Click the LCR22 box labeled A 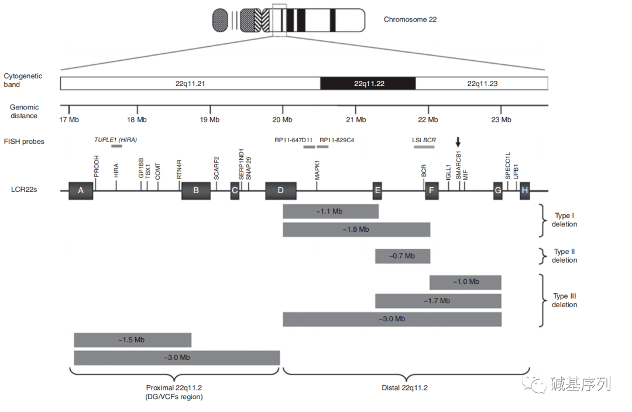click(x=81, y=191)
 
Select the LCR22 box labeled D click(x=280, y=191)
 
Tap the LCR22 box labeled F click(x=432, y=191)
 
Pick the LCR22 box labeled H click(x=525, y=191)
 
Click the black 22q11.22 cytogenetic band click(x=367, y=84)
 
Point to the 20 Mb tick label click(x=282, y=120)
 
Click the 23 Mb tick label click(x=500, y=120)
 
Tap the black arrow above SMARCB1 click(x=459, y=142)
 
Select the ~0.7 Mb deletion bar click(x=403, y=256)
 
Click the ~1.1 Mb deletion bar click(x=331, y=211)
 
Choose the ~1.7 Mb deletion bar click(x=438, y=301)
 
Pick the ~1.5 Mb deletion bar click(x=132, y=340)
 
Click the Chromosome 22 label click(x=410, y=19)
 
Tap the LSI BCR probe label click(x=424, y=140)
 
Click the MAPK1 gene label click(x=317, y=170)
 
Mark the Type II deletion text click(x=564, y=256)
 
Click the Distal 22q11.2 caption click(x=404, y=388)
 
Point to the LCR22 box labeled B click(x=196, y=191)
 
